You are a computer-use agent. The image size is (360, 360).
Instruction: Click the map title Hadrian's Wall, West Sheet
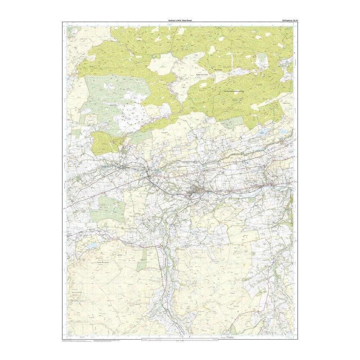pos(180,21)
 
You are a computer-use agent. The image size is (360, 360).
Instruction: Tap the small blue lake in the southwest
pos(93,245)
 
